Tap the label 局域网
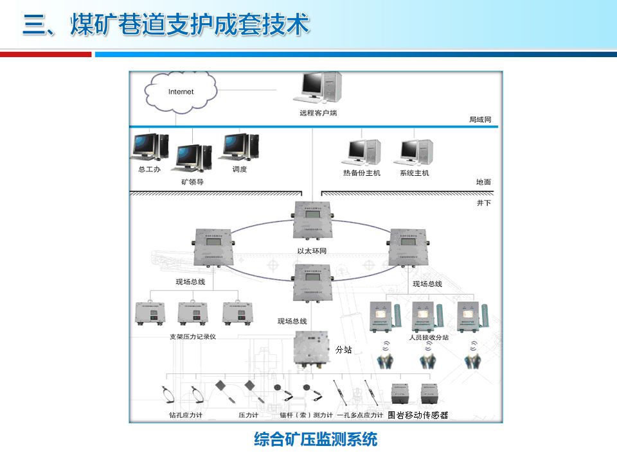coord(479,119)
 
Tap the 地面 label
coord(483,182)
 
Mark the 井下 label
coord(483,203)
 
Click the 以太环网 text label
coord(312,251)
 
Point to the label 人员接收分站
coord(429,336)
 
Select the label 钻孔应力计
coord(186,415)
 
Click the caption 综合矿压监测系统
coord(316,440)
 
